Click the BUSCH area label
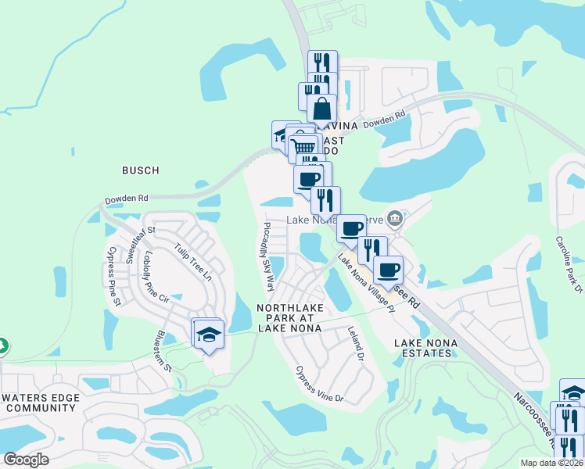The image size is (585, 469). (141, 170)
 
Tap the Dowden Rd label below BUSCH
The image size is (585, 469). (125, 199)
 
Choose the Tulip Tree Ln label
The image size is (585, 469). (193, 262)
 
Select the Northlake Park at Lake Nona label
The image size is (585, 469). (296, 318)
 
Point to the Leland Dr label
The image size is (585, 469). (356, 343)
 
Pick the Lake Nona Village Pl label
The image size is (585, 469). (367, 281)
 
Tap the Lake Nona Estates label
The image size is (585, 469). (423, 348)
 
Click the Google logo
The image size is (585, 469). (26, 460)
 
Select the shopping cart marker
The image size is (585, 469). (304, 146)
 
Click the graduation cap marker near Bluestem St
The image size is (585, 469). (209, 335)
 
